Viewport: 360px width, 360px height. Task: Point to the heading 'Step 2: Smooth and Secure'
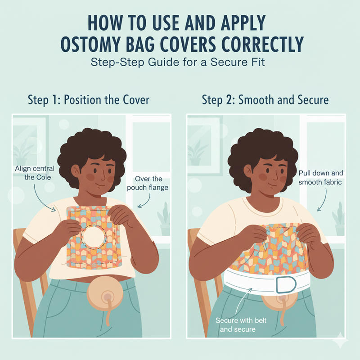(x=265, y=99)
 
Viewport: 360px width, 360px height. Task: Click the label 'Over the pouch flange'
(x=151, y=183)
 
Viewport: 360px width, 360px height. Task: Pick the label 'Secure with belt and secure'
(x=236, y=324)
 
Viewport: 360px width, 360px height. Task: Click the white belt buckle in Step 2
(x=284, y=285)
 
